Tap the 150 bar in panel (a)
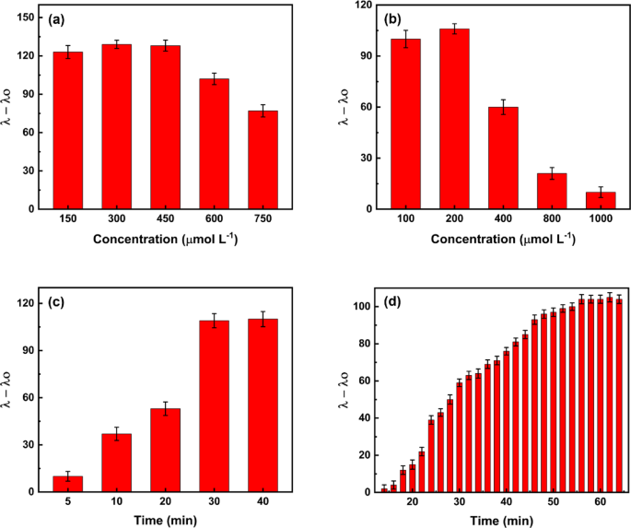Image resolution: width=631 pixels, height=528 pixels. point(67,130)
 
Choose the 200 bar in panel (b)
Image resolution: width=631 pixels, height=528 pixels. point(454,119)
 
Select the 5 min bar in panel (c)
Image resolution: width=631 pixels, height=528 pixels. point(67,484)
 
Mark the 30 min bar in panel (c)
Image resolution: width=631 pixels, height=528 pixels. point(215,406)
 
